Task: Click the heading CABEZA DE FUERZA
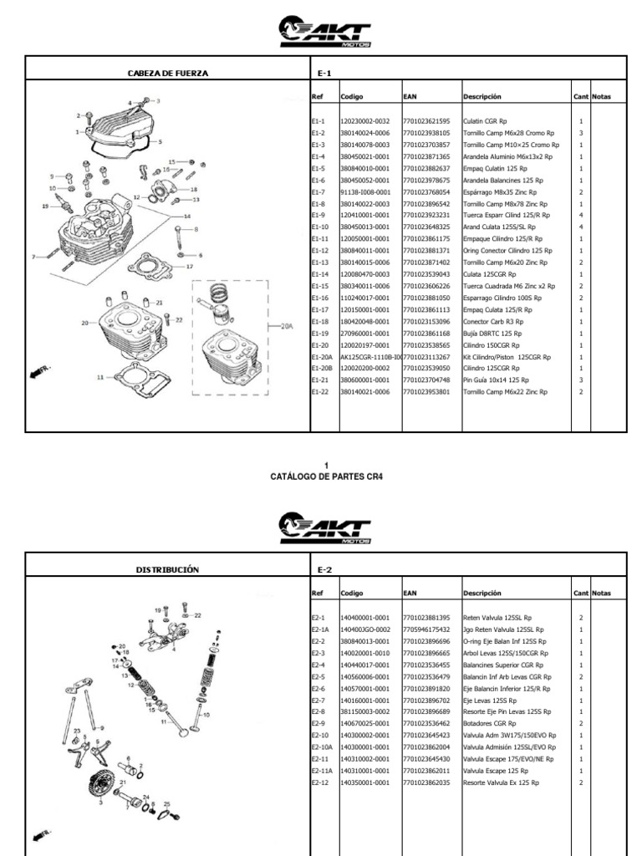[x=167, y=74]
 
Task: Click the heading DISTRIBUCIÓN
[x=167, y=569]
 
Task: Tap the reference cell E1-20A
[x=322, y=356]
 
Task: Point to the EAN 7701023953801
[x=426, y=391]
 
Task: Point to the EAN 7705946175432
[x=426, y=629]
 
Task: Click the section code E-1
[x=324, y=74]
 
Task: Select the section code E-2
[x=325, y=569]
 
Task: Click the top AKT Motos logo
[x=325, y=33]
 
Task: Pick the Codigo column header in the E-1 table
[x=352, y=97]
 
